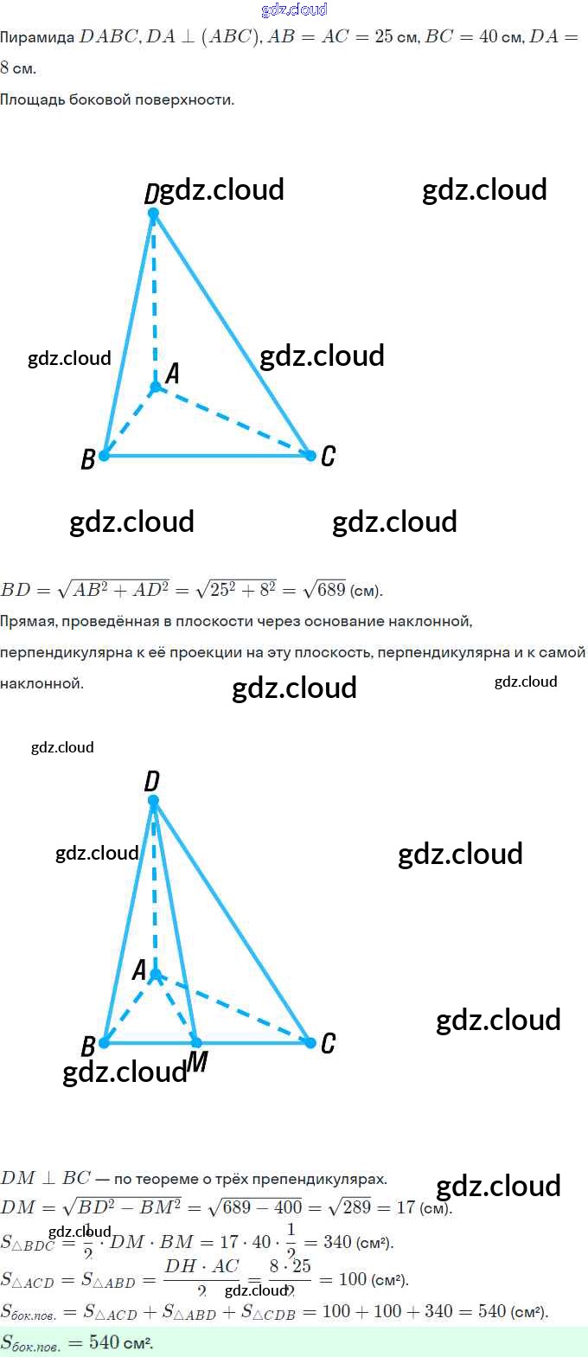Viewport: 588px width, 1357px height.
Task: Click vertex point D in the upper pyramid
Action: tap(153, 213)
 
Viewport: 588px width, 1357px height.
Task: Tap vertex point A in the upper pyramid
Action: tap(156, 387)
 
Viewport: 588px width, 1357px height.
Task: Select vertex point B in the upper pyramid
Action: tap(104, 456)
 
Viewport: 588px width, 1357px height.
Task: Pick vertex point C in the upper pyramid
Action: tap(310, 455)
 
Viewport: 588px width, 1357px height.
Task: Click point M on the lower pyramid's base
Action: tap(196, 1043)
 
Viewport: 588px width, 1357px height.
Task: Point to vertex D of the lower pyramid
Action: tap(153, 801)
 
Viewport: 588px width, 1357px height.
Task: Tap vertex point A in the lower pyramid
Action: tap(156, 975)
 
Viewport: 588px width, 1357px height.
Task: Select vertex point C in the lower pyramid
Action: tap(310, 1043)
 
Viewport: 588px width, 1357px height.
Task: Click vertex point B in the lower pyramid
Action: tap(104, 1043)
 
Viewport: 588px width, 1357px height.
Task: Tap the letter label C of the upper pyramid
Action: tap(328, 456)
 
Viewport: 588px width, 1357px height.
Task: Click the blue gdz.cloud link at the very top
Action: tap(294, 10)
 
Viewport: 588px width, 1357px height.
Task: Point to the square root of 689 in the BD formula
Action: tap(325, 589)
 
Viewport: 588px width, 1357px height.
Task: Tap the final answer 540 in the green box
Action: tap(104, 1342)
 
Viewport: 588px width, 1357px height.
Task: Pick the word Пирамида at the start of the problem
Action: tap(37, 36)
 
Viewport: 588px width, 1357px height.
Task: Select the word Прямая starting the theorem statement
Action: tap(28, 621)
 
